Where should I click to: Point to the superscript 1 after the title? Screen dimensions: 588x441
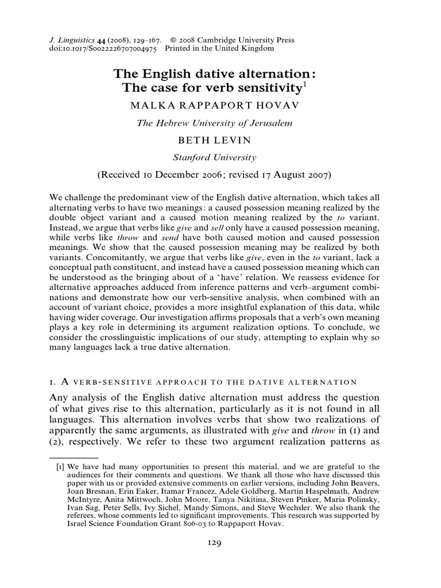pos(305,84)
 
